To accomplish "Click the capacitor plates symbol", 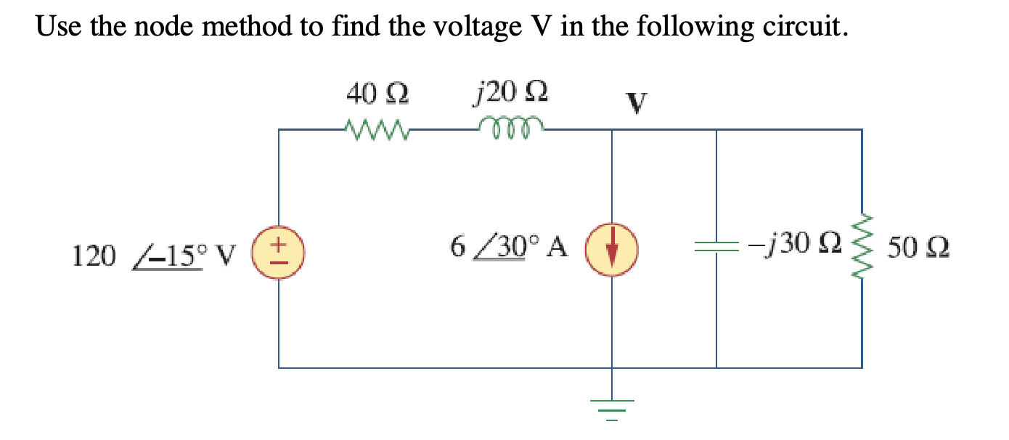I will point(716,248).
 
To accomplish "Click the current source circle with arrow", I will point(612,248).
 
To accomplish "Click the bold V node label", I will point(636,104).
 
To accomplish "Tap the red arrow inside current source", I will point(612,249).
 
